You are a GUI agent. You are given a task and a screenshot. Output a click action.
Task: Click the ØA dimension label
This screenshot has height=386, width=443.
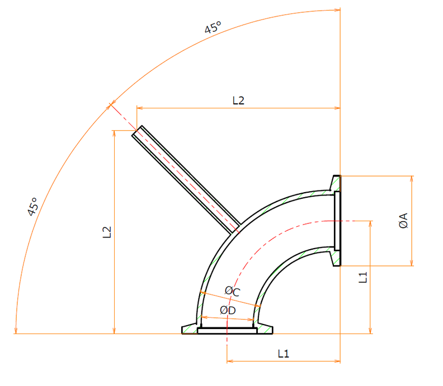click(404, 221)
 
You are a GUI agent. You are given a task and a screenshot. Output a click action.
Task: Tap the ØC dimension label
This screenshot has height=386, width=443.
click(232, 292)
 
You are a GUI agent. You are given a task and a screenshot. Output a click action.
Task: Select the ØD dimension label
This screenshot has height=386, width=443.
click(228, 311)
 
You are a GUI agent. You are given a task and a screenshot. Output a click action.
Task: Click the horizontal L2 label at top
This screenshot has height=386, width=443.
click(238, 101)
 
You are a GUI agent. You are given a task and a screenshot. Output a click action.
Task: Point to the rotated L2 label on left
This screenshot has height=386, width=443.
click(107, 232)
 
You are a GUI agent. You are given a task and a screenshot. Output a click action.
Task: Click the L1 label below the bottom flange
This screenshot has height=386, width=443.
click(284, 354)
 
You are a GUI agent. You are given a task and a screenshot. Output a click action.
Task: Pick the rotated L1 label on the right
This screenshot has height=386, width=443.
click(363, 277)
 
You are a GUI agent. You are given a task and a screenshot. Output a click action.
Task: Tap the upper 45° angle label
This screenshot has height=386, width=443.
click(213, 27)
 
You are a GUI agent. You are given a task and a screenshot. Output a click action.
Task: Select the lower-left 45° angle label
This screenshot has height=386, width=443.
click(33, 207)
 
